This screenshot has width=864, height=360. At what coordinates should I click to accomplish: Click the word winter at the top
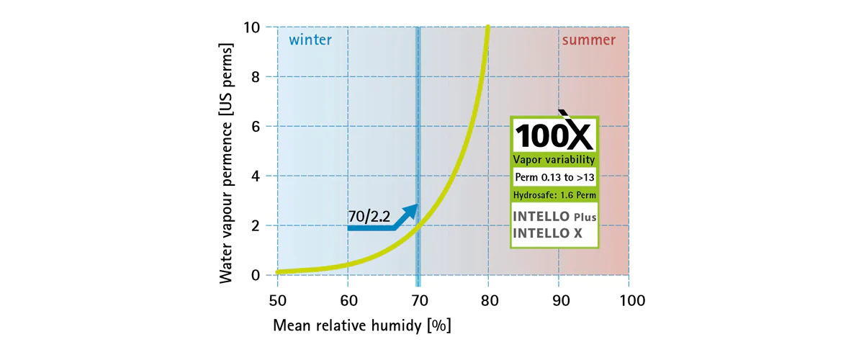310,40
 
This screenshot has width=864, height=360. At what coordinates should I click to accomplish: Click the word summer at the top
588,40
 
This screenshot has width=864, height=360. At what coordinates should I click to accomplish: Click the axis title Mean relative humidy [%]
361,325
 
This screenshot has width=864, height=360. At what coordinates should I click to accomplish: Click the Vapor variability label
553,159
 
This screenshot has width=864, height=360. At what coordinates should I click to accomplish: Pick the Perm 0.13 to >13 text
553,177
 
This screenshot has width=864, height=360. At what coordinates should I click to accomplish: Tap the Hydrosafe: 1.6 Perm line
553,195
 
